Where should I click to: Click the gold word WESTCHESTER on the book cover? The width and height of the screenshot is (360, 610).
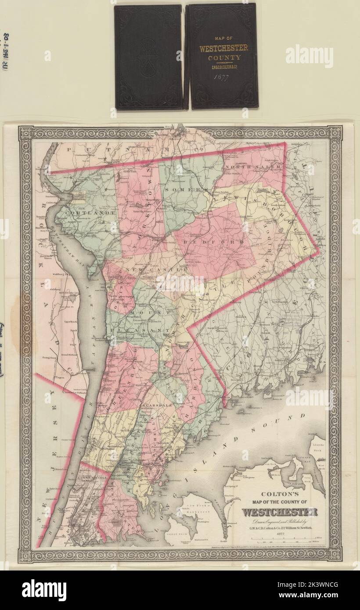(223, 48)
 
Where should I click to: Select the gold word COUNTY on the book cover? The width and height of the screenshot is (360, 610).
(224, 57)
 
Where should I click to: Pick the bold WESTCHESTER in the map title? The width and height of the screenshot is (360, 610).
(279, 512)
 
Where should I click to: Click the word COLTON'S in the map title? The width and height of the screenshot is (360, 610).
(279, 493)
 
